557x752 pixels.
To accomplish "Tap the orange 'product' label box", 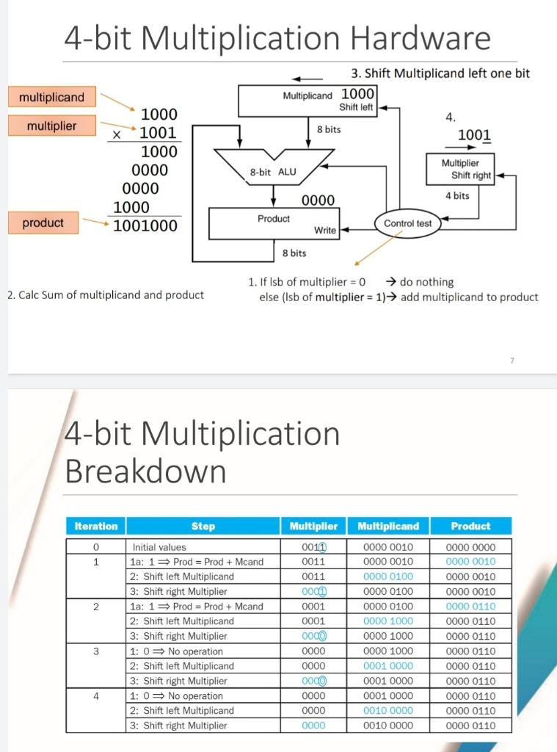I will pyautogui.click(x=43, y=223).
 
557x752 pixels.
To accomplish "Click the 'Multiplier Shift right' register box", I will pyautogui.click(x=460, y=169).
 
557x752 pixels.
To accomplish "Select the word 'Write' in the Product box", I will pyautogui.click(x=325, y=231).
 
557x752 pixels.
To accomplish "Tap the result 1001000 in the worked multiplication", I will pyautogui.click(x=145, y=225).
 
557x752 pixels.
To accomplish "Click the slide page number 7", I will pyautogui.click(x=512, y=360).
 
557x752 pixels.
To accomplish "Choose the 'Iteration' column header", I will pyautogui.click(x=96, y=527).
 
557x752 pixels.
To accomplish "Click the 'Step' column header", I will pyautogui.click(x=203, y=527).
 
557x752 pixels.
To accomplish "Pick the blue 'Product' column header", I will pyautogui.click(x=470, y=527).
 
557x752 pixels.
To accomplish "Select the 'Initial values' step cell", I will pyautogui.click(x=160, y=547).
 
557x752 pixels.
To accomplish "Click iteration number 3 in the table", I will pyautogui.click(x=96, y=651).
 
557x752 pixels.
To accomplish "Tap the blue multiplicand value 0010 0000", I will pyautogui.click(x=389, y=711).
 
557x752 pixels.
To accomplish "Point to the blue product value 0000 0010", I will pyautogui.click(x=471, y=562).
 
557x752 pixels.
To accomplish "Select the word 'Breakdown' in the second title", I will pyautogui.click(x=145, y=471).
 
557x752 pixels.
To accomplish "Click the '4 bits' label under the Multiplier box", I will pyautogui.click(x=457, y=195).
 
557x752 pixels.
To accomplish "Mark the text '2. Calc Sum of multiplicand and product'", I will pyautogui.click(x=105, y=295).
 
